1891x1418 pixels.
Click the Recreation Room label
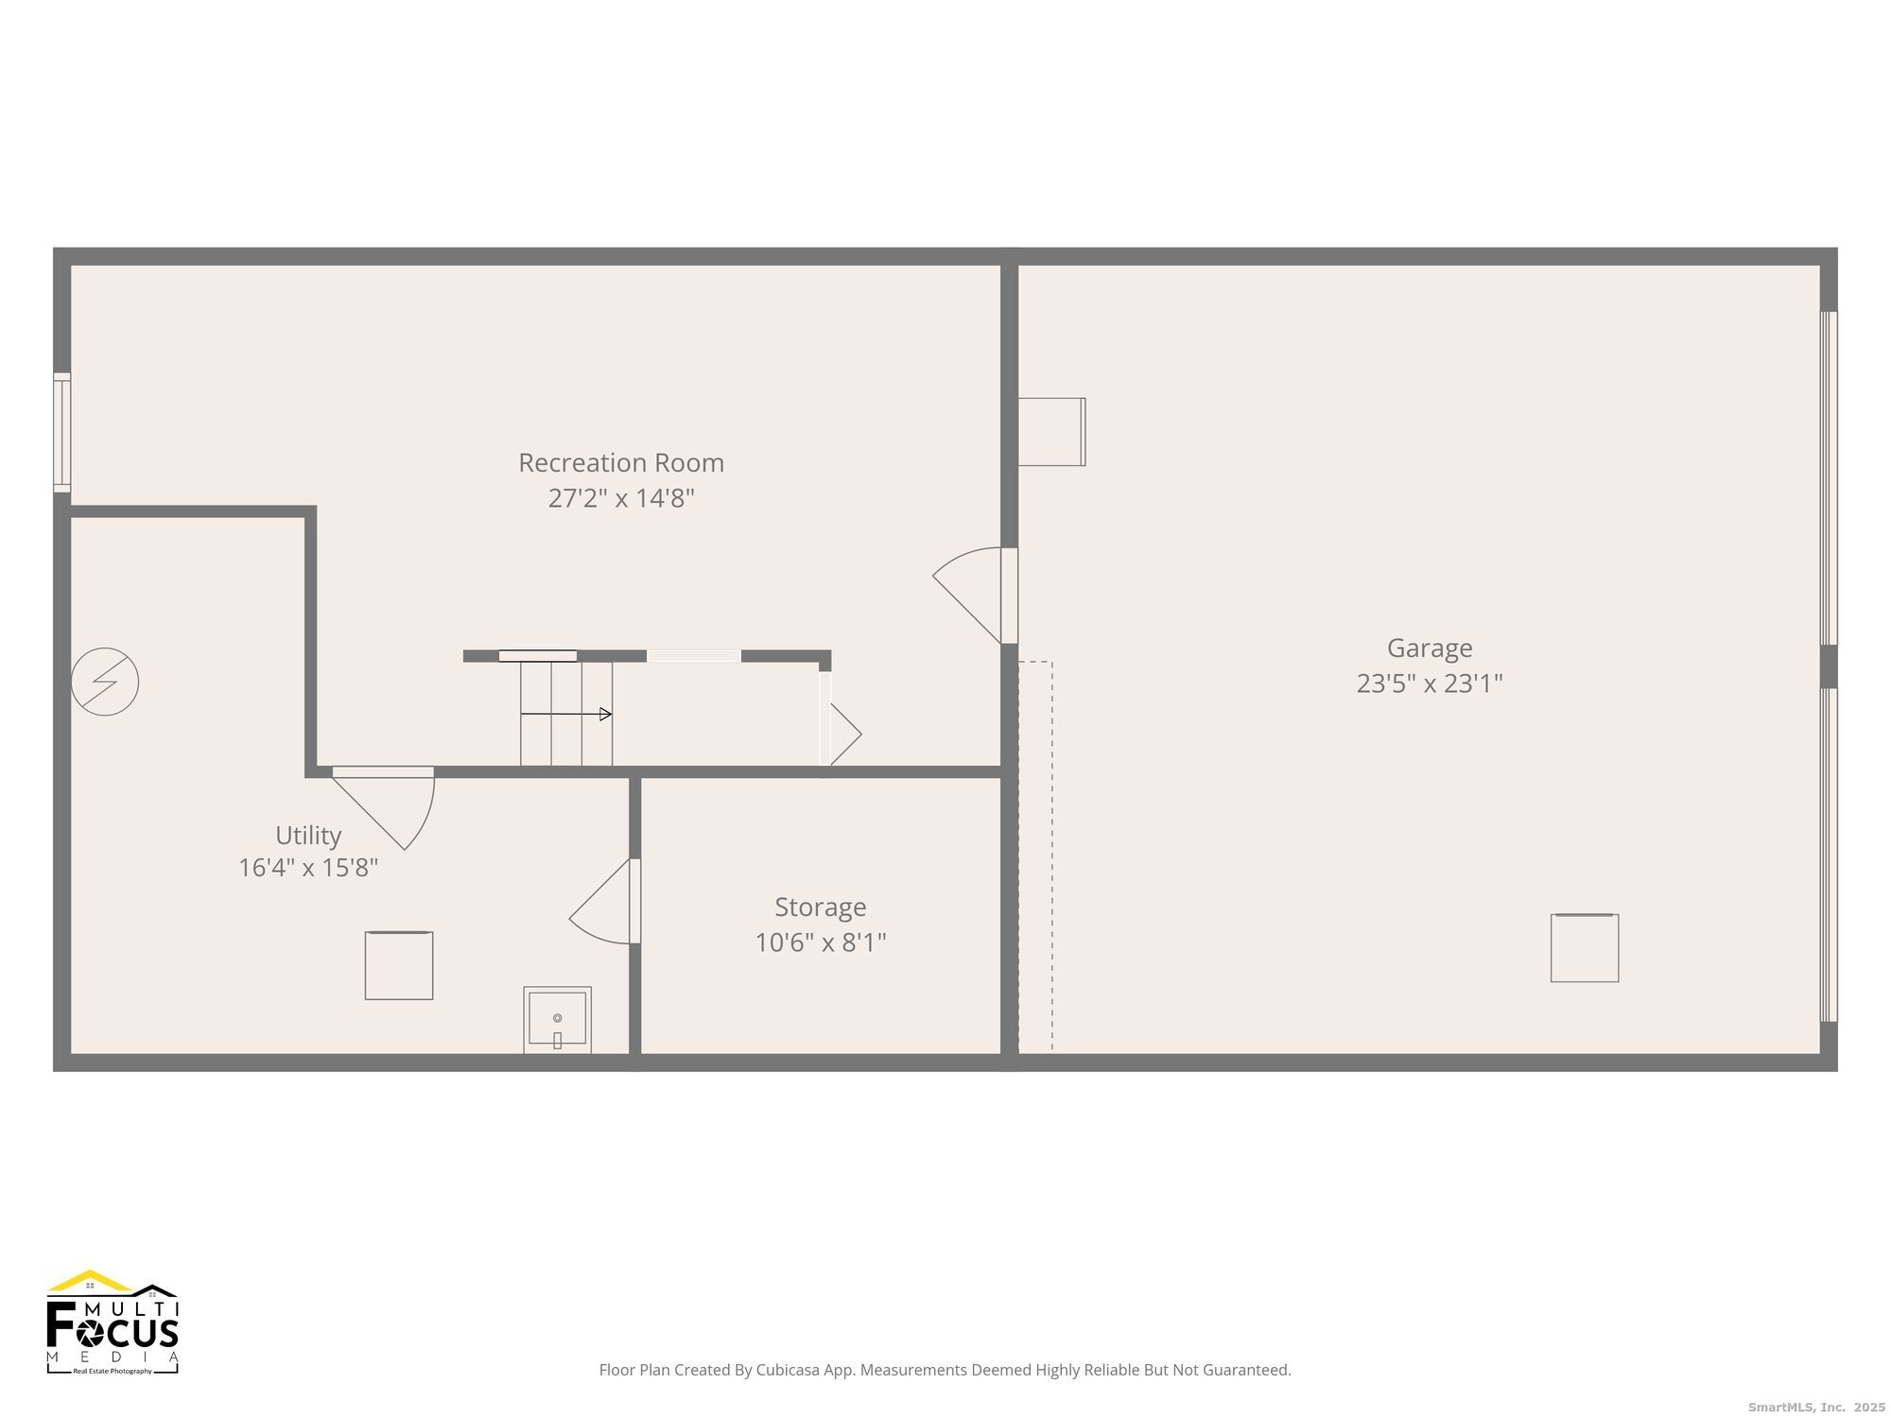pyautogui.click(x=621, y=463)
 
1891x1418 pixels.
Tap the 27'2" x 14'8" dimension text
pyautogui.click(x=621, y=498)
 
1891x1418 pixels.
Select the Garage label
pyautogui.click(x=1429, y=648)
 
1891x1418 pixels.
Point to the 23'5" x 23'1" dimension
pyautogui.click(x=1429, y=683)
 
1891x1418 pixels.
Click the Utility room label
pyautogui.click(x=308, y=836)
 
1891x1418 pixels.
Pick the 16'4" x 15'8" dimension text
pyautogui.click(x=308, y=868)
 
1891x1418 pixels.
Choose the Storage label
pyautogui.click(x=820, y=908)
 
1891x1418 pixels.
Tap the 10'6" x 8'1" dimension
pyautogui.click(x=820, y=942)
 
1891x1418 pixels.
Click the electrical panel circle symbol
pyautogui.click(x=105, y=682)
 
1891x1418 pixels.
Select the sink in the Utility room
pyautogui.click(x=558, y=1020)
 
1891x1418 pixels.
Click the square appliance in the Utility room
pyautogui.click(x=399, y=965)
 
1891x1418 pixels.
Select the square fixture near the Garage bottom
pyautogui.click(x=1584, y=947)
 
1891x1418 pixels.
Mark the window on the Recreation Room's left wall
pyautogui.click(x=62, y=432)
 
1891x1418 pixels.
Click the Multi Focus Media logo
pyautogui.click(x=113, y=1322)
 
